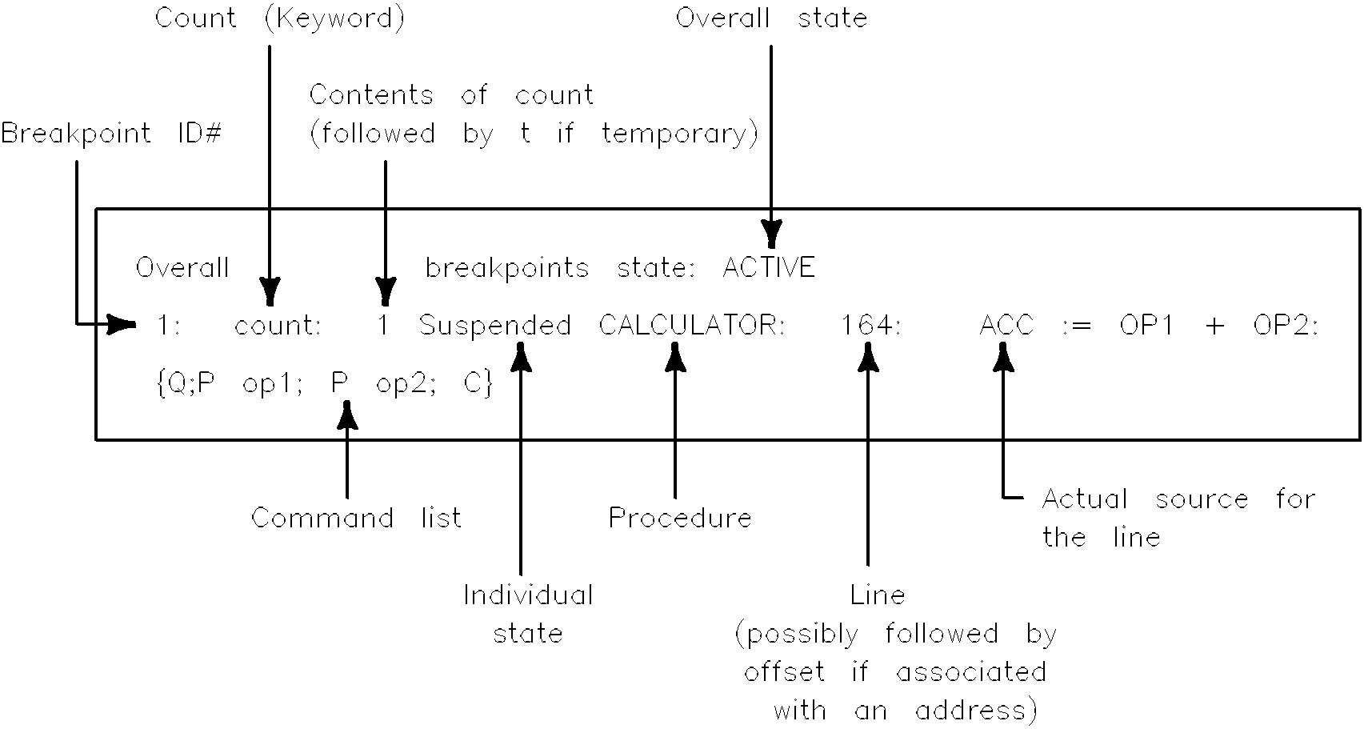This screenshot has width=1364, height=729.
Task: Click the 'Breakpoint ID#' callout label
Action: (110, 133)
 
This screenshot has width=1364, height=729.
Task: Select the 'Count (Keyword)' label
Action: (279, 18)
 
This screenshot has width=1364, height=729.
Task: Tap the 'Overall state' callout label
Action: (771, 18)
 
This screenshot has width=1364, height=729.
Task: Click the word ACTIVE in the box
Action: (769, 267)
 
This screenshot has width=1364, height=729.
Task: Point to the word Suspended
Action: (495, 326)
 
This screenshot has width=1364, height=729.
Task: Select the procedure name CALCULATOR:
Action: (692, 326)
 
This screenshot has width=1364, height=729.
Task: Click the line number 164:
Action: (870, 326)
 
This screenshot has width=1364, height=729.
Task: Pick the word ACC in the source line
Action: (1006, 326)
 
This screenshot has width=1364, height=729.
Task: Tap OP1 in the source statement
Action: (1146, 326)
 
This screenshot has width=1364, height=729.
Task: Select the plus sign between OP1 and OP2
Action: (1214, 326)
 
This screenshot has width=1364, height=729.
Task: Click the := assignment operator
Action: (1076, 326)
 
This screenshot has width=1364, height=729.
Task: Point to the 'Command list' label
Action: (356, 518)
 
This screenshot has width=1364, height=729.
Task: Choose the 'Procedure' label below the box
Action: (680, 518)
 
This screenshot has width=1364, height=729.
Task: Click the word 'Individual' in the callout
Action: (528, 595)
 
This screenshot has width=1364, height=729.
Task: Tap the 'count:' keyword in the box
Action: (278, 326)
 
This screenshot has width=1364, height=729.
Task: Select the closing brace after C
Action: (488, 384)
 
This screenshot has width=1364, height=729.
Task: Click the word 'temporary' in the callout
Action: (679, 134)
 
